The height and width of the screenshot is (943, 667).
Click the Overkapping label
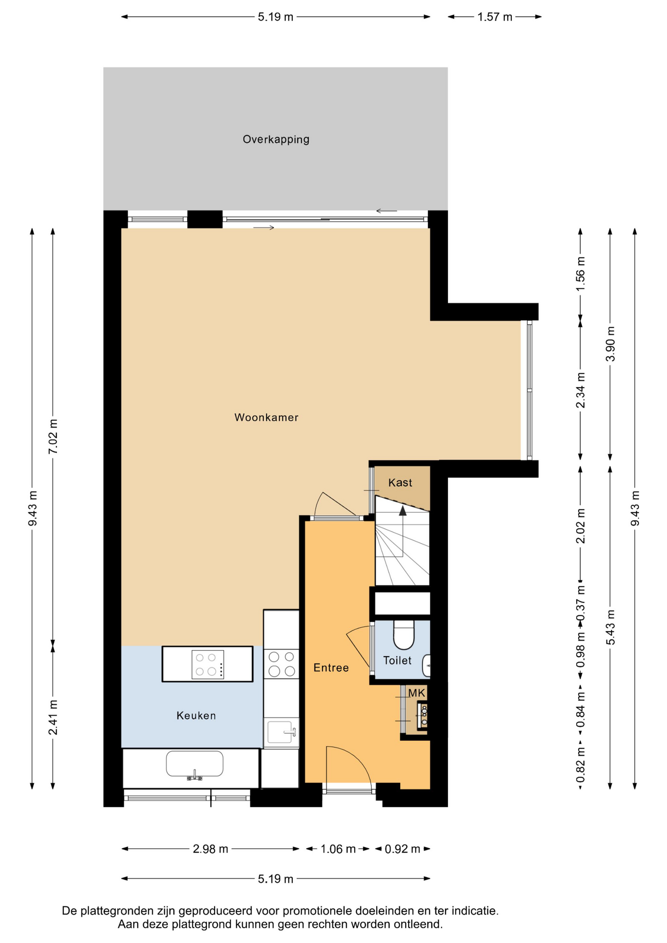(x=276, y=139)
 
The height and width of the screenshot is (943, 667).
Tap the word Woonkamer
(x=266, y=417)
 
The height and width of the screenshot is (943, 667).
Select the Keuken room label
(x=196, y=716)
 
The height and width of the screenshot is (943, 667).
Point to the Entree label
(x=331, y=667)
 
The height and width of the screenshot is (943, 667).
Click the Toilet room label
(x=397, y=661)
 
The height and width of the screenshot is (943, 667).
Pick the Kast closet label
(x=400, y=483)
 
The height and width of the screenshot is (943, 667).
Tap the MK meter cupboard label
(x=417, y=693)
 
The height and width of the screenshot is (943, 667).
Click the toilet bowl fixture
(x=404, y=635)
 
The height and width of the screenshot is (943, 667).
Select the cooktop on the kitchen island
(x=208, y=665)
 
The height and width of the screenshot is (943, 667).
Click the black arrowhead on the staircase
(x=403, y=511)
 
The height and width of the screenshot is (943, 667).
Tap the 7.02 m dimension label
(x=53, y=437)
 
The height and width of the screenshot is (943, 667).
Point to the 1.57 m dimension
(x=495, y=17)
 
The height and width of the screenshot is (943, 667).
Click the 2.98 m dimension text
(x=210, y=849)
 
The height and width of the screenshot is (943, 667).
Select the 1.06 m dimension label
(x=338, y=849)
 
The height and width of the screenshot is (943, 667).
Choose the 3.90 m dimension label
(x=610, y=344)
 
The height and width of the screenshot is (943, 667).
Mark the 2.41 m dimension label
(x=53, y=718)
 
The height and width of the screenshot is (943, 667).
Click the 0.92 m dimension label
(x=402, y=849)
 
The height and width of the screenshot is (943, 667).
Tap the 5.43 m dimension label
(x=610, y=628)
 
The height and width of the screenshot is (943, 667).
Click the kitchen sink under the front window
(x=195, y=764)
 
